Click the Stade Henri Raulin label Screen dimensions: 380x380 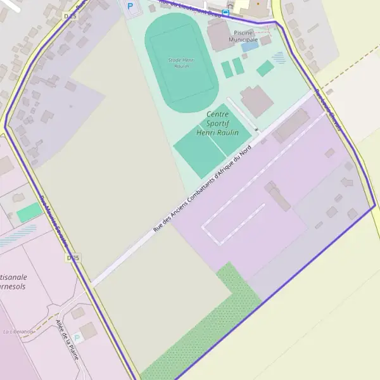[x=182, y=62]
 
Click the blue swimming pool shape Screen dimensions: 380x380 [x=250, y=46]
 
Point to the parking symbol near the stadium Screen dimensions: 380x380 [x=131, y=6]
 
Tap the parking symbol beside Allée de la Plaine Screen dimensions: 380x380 [x=77, y=338]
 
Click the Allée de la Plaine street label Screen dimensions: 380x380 [x=67, y=340]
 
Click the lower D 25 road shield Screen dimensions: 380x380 [x=73, y=258]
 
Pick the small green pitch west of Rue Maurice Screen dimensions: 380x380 [x=28, y=213]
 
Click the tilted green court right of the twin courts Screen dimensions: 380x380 [x=265, y=68]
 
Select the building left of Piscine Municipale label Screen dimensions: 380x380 [x=218, y=35]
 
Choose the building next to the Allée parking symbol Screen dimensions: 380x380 [x=89, y=330]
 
